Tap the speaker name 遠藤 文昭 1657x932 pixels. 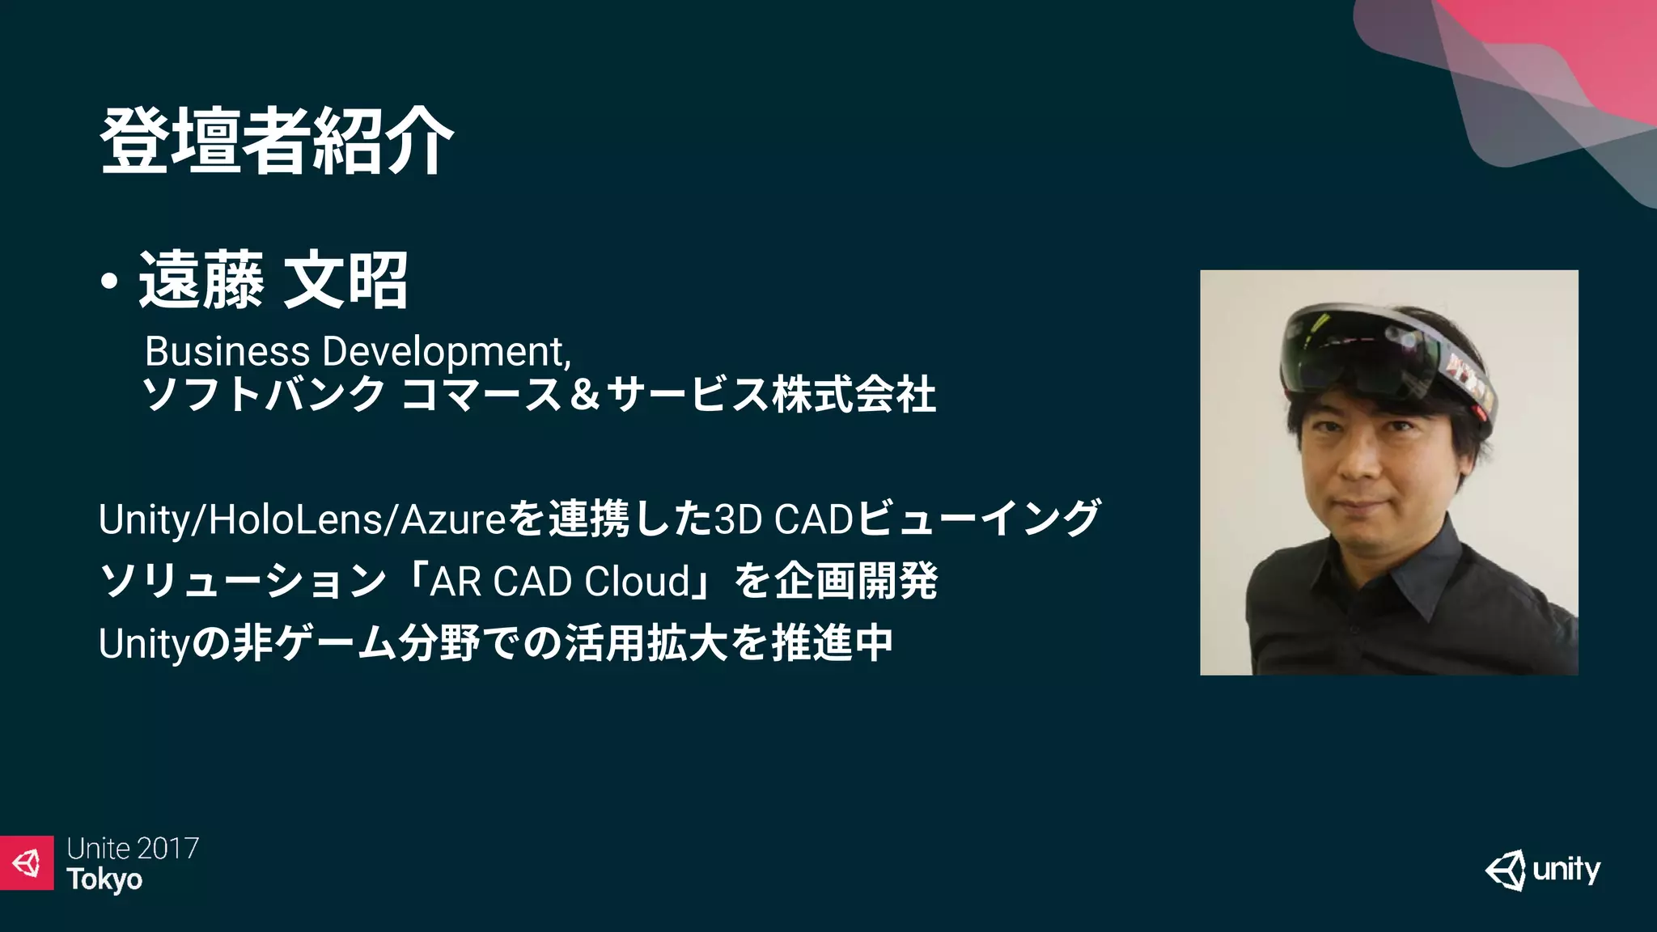click(x=273, y=281)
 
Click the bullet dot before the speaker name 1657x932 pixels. click(x=109, y=282)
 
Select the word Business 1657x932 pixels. click(x=227, y=352)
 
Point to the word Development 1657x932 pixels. click(x=446, y=352)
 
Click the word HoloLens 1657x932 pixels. click(x=296, y=519)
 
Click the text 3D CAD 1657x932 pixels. click(x=783, y=519)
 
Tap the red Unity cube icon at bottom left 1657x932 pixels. click(x=27, y=862)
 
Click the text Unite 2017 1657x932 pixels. click(x=133, y=849)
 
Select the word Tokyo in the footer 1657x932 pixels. click(x=104, y=879)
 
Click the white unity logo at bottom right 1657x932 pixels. click(x=1543, y=871)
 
